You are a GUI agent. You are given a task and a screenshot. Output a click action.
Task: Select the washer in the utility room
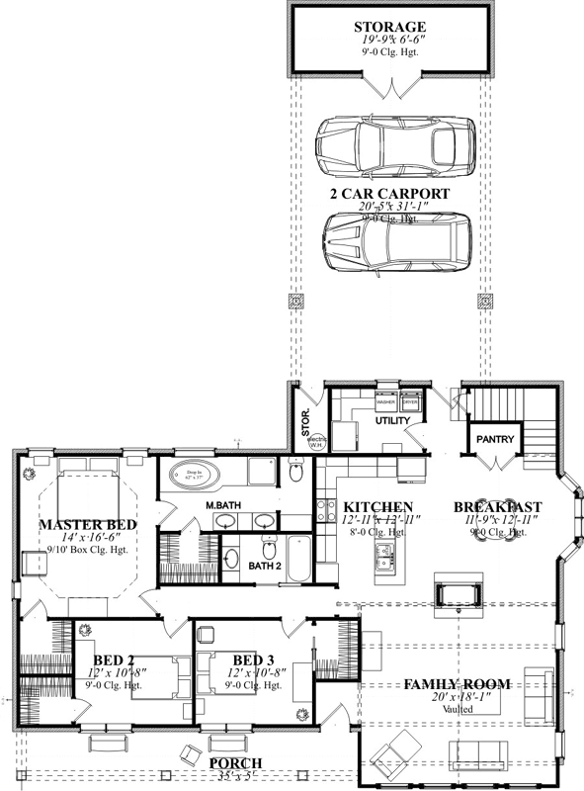coord(386,402)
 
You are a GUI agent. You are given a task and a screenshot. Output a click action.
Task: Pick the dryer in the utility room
coord(409,402)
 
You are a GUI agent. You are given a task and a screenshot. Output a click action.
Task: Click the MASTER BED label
coord(87,524)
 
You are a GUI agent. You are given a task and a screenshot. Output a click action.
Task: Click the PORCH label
coord(235,762)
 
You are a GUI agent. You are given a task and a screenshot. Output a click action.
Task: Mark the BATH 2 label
coord(265,567)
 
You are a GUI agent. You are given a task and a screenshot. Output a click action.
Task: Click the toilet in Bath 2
coord(268,546)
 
